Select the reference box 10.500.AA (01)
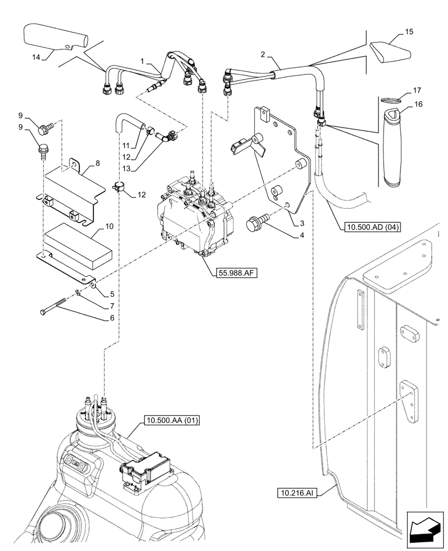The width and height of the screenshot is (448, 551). (x=172, y=421)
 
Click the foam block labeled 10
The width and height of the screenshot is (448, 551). (x=78, y=243)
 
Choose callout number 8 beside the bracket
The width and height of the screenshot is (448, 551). (x=98, y=163)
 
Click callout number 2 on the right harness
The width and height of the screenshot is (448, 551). (x=263, y=54)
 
